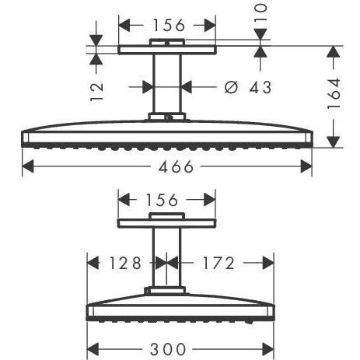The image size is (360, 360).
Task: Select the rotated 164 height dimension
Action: coord(334,93)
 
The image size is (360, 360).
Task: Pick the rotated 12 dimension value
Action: coord(97,88)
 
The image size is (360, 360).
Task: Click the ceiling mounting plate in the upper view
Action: coord(168,49)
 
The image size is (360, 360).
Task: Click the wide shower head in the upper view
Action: coord(168,134)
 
